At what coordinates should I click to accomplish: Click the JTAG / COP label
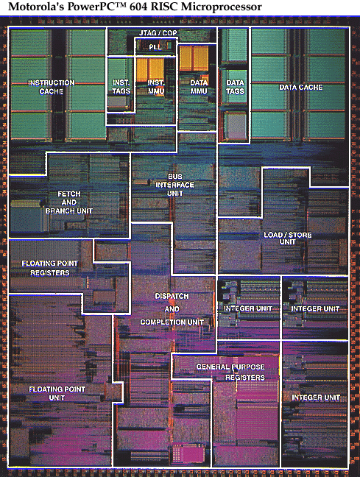158,33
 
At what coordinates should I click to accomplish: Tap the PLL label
155,47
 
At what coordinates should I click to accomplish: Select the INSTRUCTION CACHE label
51,87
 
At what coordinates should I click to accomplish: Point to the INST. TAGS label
121,87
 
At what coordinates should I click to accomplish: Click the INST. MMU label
156,87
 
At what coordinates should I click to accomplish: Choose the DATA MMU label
199,87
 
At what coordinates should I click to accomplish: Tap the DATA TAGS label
236,87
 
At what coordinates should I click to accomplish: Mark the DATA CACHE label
301,88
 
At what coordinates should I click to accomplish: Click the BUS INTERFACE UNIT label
175,185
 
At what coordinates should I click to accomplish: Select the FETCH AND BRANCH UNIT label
69,202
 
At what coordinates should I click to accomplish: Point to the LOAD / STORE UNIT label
288,239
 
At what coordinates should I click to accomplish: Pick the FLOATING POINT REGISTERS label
50,268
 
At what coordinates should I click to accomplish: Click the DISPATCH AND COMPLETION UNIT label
172,309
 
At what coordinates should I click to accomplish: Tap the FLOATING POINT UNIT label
57,393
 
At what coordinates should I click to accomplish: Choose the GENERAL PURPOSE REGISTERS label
230,372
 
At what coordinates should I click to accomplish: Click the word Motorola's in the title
36,7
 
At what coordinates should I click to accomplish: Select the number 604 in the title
138,7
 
